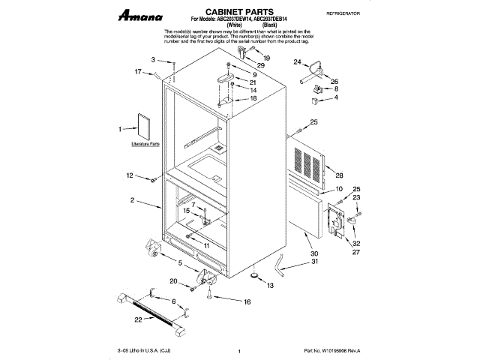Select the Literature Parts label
pos(145,142)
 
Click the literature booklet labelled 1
pos(139,127)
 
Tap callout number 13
pos(271,286)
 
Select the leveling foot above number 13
pos(256,275)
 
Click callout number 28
pos(328,175)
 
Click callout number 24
pos(297,62)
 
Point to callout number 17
pos(138,72)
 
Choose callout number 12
pos(130,177)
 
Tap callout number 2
pos(132,201)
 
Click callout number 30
pos(314,253)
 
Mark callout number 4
pos(335,97)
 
